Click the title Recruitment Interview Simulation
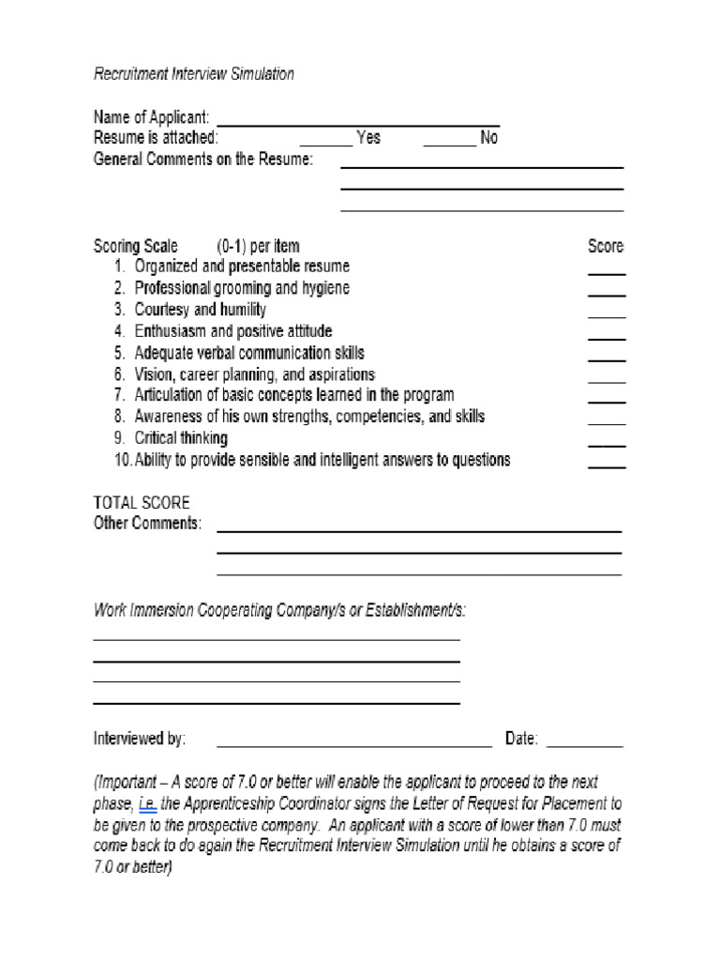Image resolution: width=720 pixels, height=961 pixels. tap(194, 74)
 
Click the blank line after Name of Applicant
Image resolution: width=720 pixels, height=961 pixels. tap(358, 123)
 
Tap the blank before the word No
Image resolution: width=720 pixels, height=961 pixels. tap(449, 144)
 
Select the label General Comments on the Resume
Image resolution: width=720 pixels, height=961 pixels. tap(203, 160)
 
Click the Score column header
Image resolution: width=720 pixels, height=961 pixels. tap(606, 247)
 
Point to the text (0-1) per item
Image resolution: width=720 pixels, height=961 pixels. tap(259, 247)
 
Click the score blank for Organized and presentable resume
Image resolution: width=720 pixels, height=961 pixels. tap(607, 272)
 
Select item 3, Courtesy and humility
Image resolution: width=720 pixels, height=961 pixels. tap(200, 310)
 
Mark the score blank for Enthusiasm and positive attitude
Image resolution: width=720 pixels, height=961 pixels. tap(607, 337)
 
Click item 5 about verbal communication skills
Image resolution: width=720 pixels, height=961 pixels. tap(249, 353)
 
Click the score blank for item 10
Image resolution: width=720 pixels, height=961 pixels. tap(607, 465)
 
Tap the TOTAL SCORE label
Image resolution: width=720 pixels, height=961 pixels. tap(142, 503)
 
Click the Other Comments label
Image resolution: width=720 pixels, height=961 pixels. tap(147, 524)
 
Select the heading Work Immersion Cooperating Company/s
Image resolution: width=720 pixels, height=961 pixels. tap(278, 611)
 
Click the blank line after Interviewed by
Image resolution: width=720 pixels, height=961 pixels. tap(354, 745)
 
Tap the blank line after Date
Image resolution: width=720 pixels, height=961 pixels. tap(584, 745)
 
